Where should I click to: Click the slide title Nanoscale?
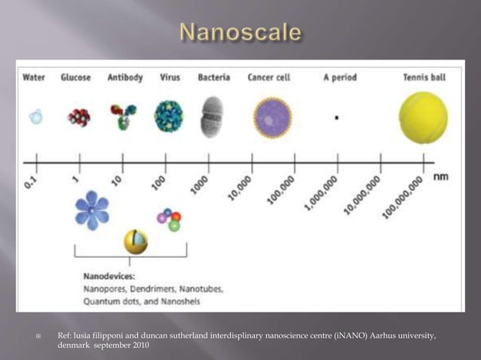241,32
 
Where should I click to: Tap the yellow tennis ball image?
423,117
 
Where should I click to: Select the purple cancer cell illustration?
272,117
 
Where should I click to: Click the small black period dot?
336,117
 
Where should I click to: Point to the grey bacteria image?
212,117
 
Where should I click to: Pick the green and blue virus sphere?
168,116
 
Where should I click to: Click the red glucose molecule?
78,117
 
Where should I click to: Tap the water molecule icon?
35,117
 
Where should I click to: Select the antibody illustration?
122,116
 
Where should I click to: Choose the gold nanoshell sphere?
136,242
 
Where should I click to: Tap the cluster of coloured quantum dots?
168,219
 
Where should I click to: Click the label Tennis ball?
424,78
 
